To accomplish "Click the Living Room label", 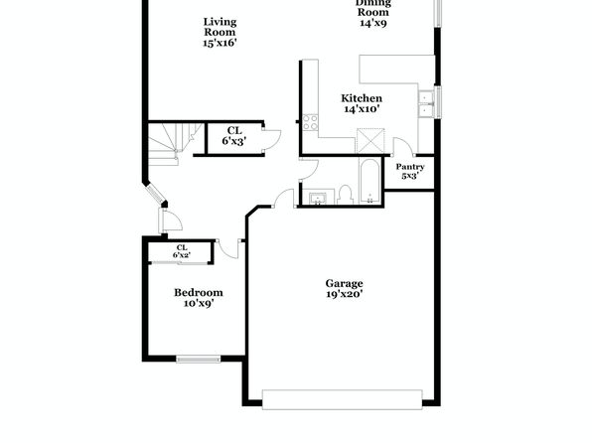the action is [220, 32].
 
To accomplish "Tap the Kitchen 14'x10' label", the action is [362, 103].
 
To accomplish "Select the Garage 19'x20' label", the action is [345, 288].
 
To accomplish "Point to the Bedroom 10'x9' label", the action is [199, 298].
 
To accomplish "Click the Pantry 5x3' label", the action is [410, 171].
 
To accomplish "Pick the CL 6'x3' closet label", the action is [234, 136].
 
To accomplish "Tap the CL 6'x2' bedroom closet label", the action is [182, 251].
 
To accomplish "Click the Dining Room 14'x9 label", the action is [373, 14].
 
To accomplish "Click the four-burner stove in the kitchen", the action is [310, 122].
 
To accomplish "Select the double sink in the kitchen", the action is [426, 103].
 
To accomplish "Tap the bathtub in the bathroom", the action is [370, 182].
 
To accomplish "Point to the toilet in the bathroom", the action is [345, 195].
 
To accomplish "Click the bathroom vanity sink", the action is [318, 197].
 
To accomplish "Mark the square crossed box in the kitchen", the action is [370, 140].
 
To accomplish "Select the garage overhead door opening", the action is [342, 399].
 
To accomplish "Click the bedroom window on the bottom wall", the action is [199, 359].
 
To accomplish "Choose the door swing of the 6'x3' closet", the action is [272, 140].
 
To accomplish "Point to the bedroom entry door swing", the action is [228, 250].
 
